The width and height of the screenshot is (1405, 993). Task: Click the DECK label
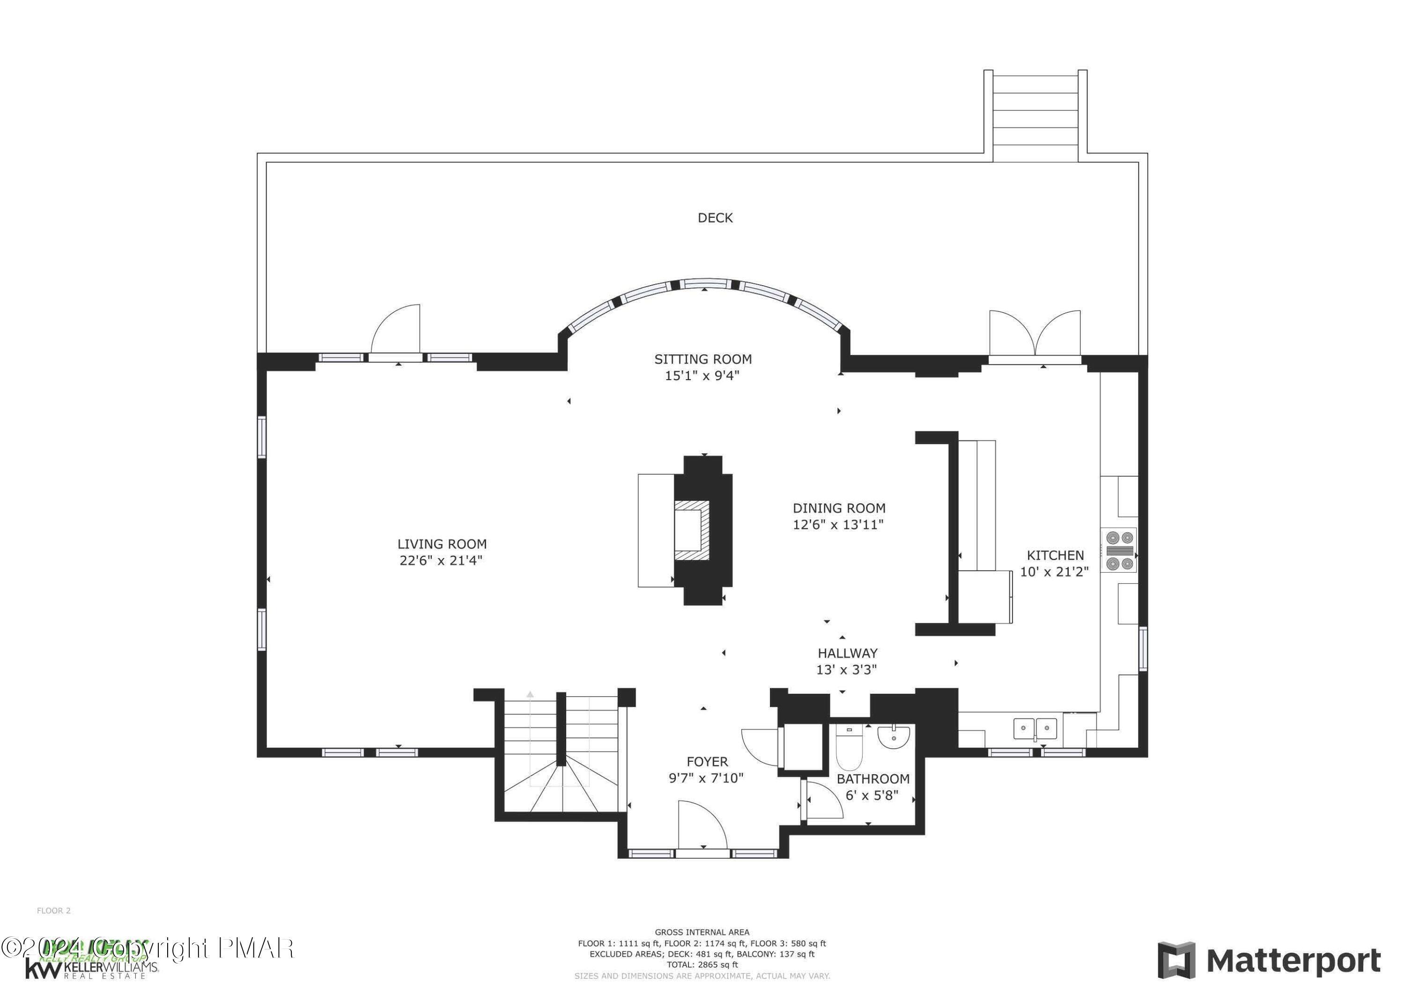[x=715, y=218]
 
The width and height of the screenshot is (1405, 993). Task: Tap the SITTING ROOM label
[x=702, y=359]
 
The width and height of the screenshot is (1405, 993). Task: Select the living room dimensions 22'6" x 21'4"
[x=441, y=560]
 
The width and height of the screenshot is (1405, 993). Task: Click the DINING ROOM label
[x=839, y=508]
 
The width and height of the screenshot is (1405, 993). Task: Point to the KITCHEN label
[x=1055, y=555]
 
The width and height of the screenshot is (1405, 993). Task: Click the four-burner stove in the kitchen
[x=1119, y=551]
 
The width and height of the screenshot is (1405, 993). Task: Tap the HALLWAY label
[x=848, y=653]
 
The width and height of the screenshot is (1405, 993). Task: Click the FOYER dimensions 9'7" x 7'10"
[x=706, y=778]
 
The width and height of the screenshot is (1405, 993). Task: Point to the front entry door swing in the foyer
[x=702, y=825]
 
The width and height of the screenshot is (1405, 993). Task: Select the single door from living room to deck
[x=397, y=331]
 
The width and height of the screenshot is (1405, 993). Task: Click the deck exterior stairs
[x=1035, y=116]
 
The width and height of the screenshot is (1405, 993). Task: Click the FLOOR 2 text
[x=54, y=911]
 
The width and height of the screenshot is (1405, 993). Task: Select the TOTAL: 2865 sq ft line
[x=702, y=964]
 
